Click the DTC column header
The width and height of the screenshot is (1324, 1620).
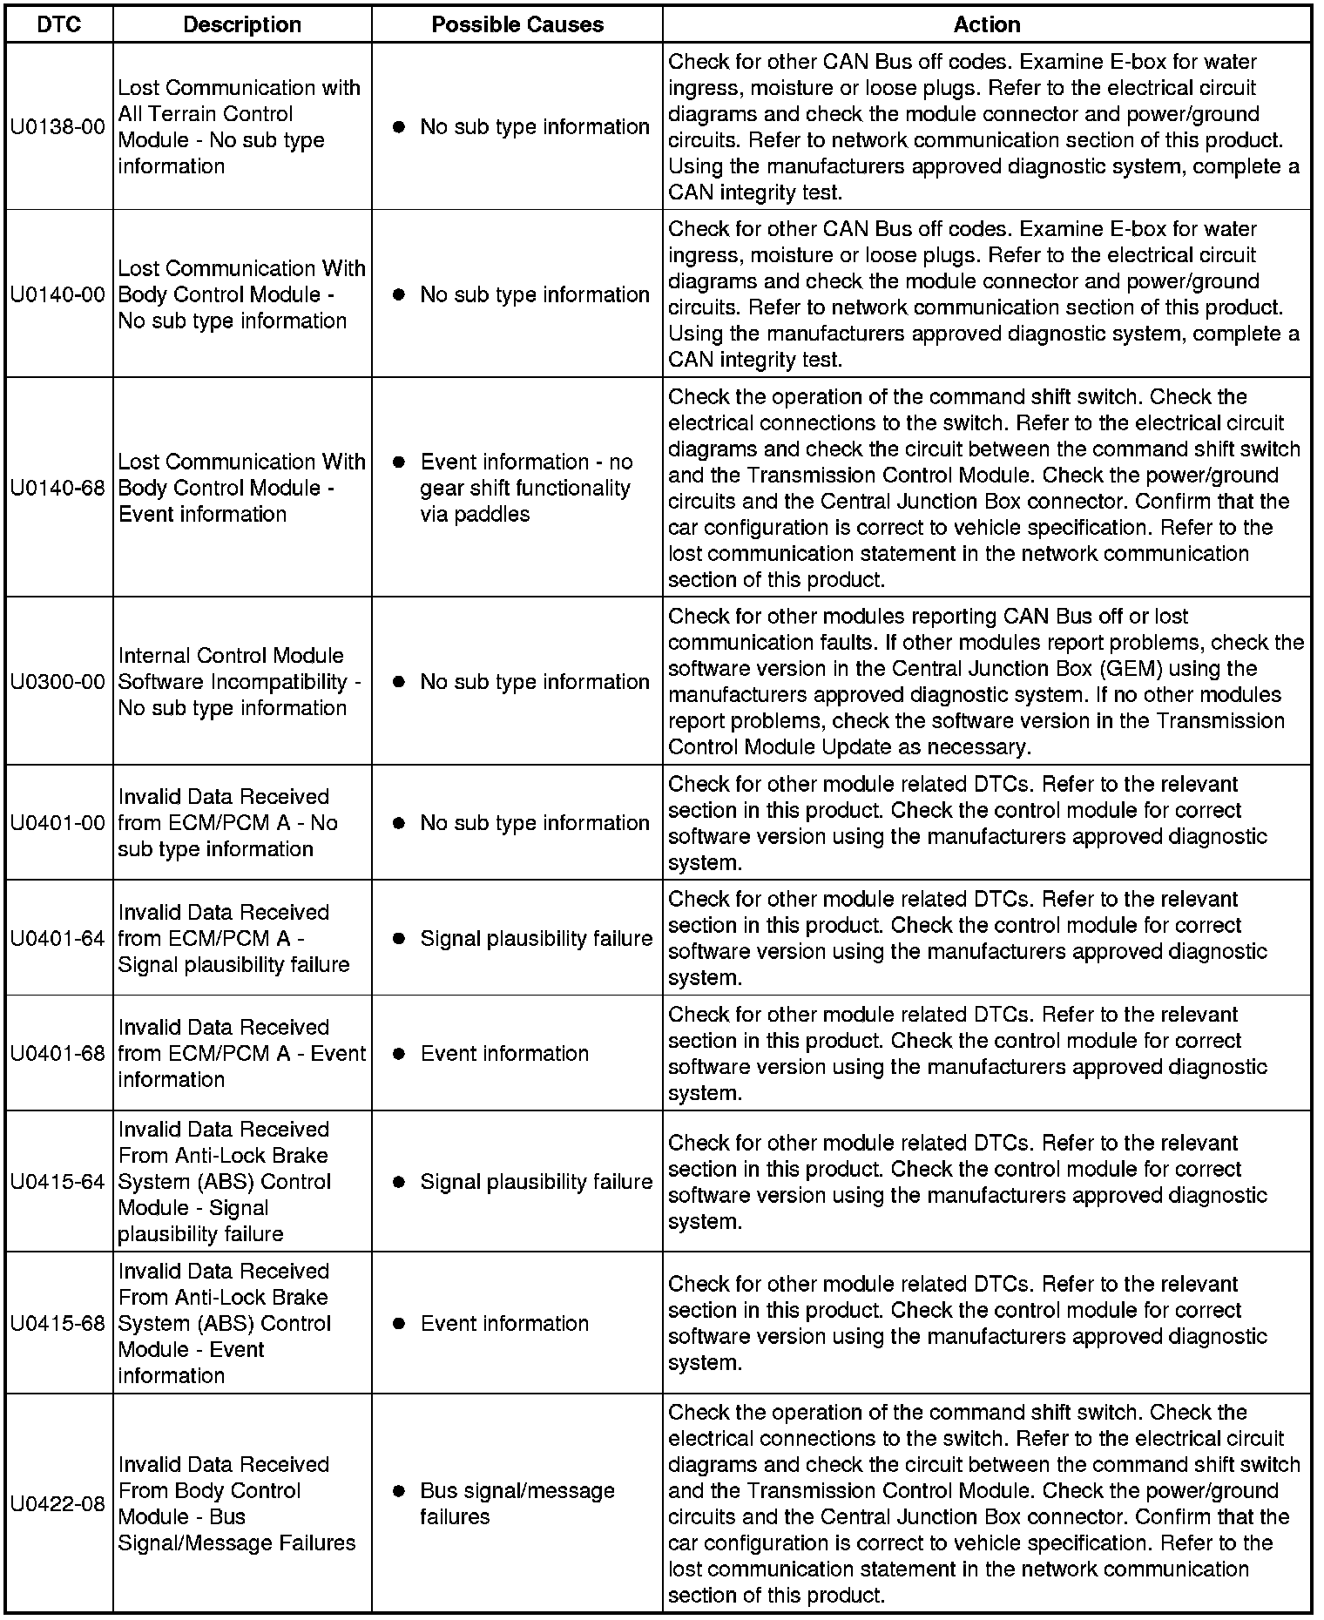click(x=58, y=24)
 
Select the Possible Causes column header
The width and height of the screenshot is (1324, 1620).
click(x=517, y=24)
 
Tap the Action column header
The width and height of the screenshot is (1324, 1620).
click(x=986, y=24)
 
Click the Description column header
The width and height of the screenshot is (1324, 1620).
click(x=242, y=24)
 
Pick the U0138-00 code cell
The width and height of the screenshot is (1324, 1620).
click(x=58, y=127)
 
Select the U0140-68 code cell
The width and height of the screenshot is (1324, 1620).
click(x=58, y=488)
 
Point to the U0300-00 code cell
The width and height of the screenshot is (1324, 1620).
click(x=58, y=682)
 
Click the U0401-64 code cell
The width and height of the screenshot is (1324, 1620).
click(x=58, y=939)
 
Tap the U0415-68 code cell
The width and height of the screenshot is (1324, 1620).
click(x=58, y=1324)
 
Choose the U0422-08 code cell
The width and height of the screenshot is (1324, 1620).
click(x=58, y=1504)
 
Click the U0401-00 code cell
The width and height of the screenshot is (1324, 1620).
click(x=58, y=823)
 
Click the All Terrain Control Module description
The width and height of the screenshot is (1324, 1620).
click(x=239, y=127)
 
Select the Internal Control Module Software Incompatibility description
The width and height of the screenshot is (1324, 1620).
click(x=239, y=682)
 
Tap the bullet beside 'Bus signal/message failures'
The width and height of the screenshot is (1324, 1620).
click(x=399, y=1491)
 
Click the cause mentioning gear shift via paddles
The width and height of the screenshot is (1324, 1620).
click(x=526, y=488)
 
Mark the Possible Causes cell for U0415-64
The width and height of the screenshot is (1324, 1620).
click(x=517, y=1182)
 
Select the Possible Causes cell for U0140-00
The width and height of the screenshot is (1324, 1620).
click(x=517, y=295)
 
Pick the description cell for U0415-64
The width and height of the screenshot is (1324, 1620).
click(x=239, y=1182)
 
